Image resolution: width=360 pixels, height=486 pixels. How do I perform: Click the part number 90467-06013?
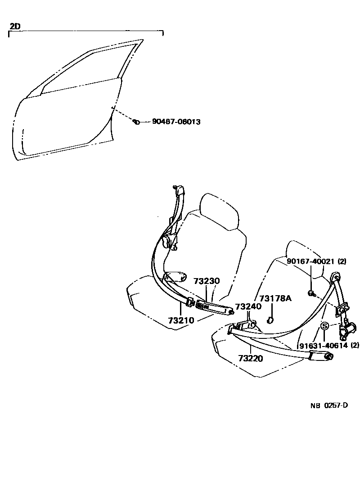(176, 122)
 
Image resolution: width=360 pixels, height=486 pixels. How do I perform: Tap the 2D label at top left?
(15, 27)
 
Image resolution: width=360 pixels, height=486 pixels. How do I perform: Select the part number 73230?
(207, 281)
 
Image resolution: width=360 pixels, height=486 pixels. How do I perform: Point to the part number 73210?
(181, 320)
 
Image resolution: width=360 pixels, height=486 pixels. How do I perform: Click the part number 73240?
(248, 307)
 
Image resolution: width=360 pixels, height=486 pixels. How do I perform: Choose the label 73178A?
(276, 299)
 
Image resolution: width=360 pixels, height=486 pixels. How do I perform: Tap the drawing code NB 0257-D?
(328, 405)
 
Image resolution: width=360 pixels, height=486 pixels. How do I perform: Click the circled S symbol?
(324, 326)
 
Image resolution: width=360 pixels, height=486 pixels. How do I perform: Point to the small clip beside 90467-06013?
(136, 121)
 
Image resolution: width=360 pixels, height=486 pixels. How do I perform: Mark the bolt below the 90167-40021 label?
(311, 293)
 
